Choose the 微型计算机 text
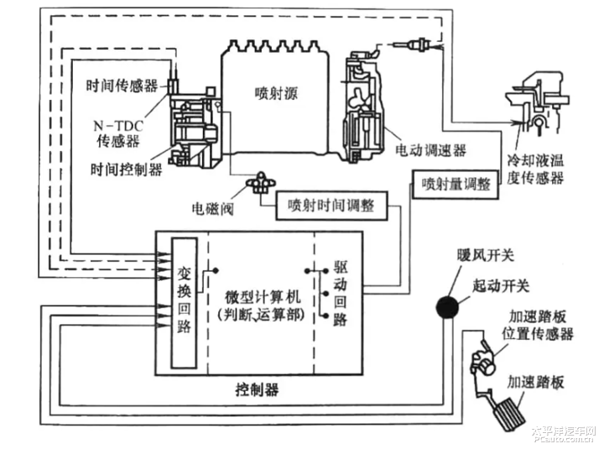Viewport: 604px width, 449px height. [x=262, y=299]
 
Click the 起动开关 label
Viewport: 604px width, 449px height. [x=502, y=286]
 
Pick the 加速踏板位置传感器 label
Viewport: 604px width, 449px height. [x=539, y=326]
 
